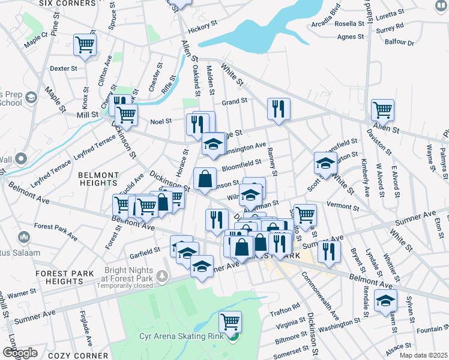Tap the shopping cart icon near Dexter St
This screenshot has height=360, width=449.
[85, 44]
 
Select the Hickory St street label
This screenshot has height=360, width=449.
[202, 29]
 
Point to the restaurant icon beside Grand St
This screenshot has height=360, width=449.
[279, 109]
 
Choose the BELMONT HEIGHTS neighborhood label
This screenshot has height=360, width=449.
[98, 180]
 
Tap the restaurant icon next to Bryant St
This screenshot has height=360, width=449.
[329, 250]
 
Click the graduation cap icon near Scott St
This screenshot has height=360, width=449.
[325, 163]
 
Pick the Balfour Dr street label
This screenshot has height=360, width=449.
[402, 43]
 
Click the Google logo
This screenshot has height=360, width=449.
[20, 353]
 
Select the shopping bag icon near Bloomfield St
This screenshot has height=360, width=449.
[205, 178]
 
